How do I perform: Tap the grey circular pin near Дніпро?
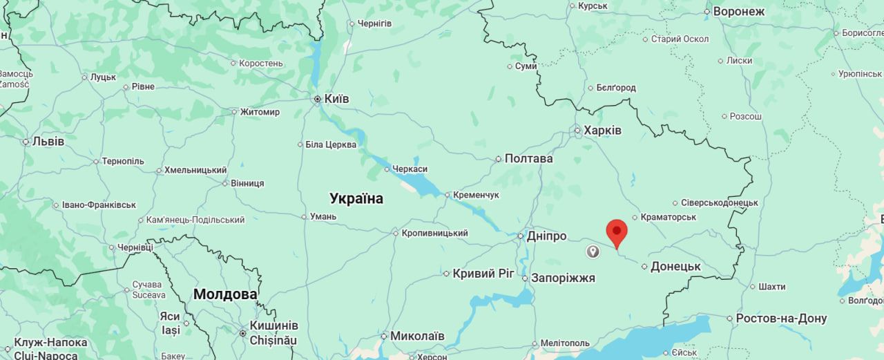593,252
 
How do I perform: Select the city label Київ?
336,99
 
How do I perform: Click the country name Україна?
356,199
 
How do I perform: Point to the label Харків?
602,130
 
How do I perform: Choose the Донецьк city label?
675,266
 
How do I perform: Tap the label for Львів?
48,141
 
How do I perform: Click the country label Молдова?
225,294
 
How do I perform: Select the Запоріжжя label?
562,278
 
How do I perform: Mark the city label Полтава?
528,158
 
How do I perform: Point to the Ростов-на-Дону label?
780,319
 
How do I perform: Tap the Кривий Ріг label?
483,273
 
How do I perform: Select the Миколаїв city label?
417,336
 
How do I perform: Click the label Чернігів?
374,23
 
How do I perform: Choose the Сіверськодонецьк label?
719,202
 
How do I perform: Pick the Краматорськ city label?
668,217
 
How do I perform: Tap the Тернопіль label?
123,161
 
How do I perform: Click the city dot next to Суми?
510,66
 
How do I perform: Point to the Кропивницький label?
434,233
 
